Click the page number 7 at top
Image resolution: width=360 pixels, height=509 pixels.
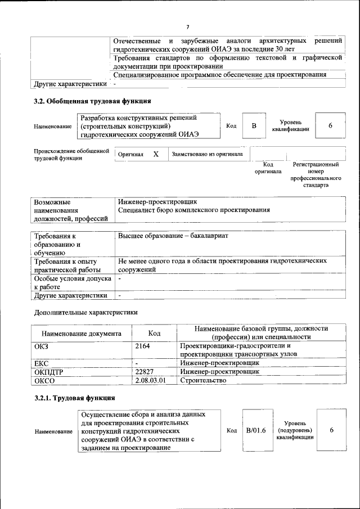point(188,26)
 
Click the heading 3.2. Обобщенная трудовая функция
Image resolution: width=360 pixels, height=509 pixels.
point(92,101)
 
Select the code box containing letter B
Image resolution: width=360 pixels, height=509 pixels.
point(254,125)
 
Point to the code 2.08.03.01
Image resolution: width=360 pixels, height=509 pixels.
point(151,381)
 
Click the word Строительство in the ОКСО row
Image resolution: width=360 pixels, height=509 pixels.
point(203,381)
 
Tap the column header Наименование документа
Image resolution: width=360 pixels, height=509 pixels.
point(81,334)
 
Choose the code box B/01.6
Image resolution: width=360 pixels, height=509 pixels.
point(256,430)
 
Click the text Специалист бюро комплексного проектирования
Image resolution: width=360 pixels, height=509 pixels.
point(193,210)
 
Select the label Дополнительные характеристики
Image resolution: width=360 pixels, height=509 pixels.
point(86,312)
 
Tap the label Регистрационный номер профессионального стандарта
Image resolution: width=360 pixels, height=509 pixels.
point(316,175)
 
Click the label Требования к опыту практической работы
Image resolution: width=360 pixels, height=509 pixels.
point(66,265)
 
